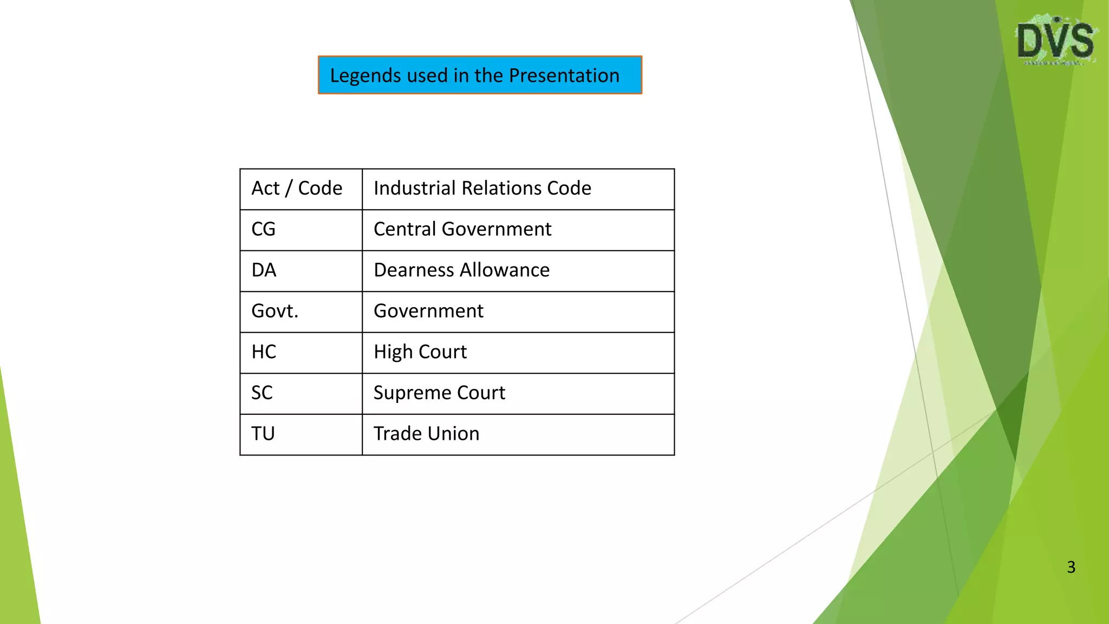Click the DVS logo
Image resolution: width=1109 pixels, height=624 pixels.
pos(1055,41)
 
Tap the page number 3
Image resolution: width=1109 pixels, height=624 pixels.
pos(1071,567)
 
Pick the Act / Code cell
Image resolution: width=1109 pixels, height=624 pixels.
pos(297,188)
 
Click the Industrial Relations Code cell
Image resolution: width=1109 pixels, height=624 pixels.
pos(482,188)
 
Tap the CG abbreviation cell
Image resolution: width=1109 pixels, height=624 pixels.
pos(264,229)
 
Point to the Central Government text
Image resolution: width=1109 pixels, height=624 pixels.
pos(462,229)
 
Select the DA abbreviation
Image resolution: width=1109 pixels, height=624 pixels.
pos(264,270)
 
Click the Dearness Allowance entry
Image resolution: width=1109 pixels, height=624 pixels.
pos(461,270)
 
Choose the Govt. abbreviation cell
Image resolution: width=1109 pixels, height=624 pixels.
pos(275,311)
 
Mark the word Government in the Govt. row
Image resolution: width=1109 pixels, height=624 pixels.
pos(428,311)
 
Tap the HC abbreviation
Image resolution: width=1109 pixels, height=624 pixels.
pos(264,352)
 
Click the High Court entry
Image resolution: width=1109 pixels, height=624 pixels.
pos(420,352)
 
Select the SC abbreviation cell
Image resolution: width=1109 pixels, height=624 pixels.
pos(262,393)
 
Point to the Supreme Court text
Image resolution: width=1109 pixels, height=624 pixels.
pos(439,393)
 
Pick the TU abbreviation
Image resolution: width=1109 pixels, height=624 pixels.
pos(263,434)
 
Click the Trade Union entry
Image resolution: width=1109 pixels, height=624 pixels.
pos(427,434)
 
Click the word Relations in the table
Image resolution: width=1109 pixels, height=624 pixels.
pos(501,188)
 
